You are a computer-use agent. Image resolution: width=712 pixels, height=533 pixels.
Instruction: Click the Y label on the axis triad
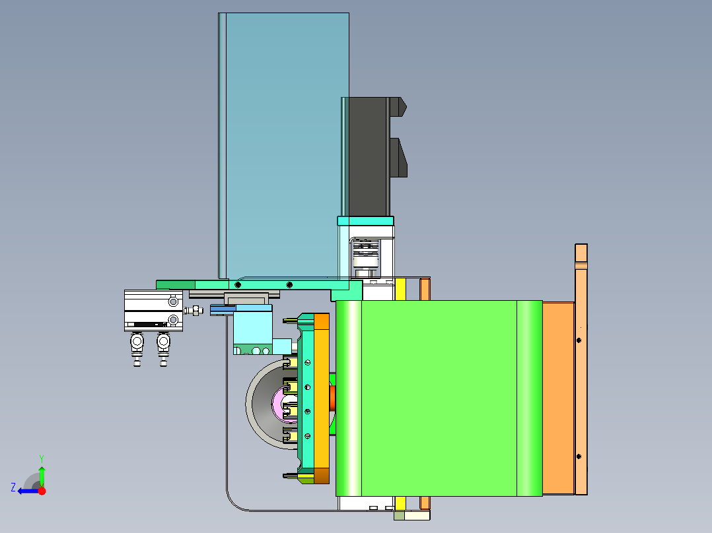[42, 458]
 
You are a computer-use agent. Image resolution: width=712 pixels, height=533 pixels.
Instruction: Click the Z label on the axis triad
[13, 487]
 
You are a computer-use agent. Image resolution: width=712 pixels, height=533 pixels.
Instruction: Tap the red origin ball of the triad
[42, 491]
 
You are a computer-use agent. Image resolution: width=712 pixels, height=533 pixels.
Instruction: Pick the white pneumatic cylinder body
[153, 311]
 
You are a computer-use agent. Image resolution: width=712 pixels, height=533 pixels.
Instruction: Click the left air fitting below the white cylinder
[137, 348]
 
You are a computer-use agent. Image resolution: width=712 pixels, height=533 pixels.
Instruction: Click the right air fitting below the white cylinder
[164, 348]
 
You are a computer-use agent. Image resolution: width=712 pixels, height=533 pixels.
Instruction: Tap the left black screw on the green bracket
[238, 285]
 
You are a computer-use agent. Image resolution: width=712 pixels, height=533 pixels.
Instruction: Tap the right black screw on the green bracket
[289, 285]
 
